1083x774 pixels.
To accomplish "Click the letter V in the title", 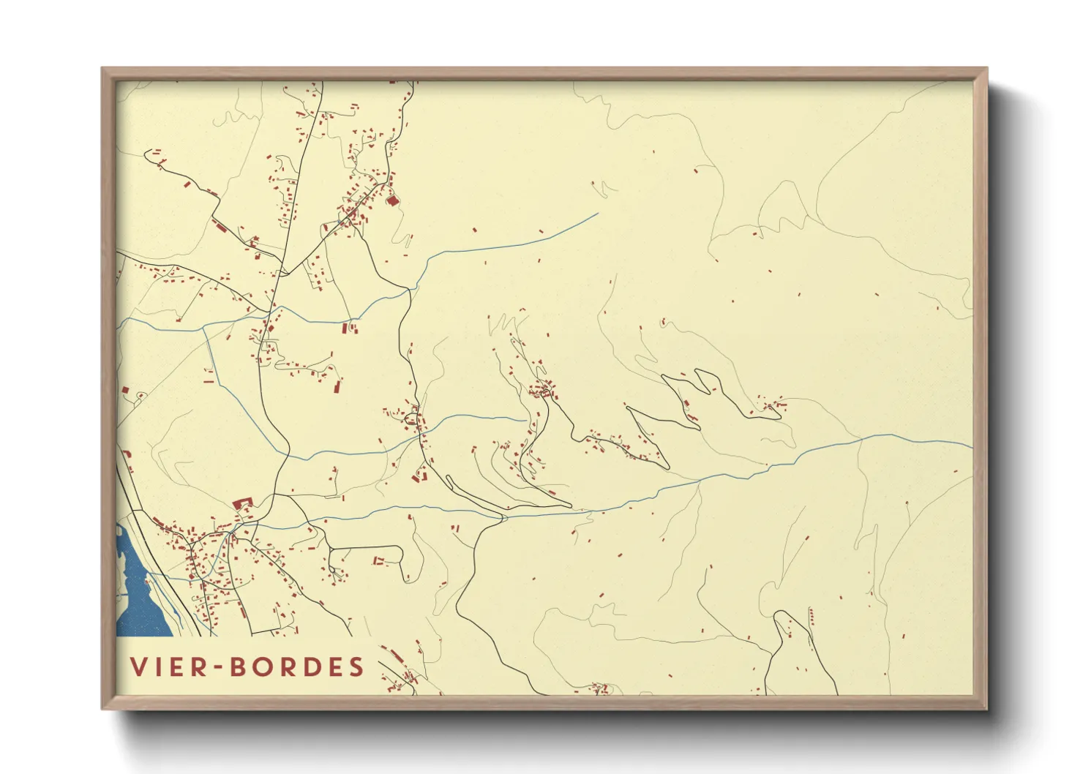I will (x=138, y=666).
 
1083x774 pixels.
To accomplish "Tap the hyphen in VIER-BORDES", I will (x=219, y=667).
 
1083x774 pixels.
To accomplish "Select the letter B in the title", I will (x=239, y=666).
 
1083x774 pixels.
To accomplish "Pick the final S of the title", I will (x=356, y=666).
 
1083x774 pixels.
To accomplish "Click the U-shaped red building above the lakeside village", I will (x=241, y=503).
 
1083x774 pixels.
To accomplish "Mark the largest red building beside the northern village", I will (x=392, y=200).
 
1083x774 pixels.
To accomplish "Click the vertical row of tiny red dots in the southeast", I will (x=811, y=617).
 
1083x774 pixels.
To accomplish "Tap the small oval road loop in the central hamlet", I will (x=411, y=419).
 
